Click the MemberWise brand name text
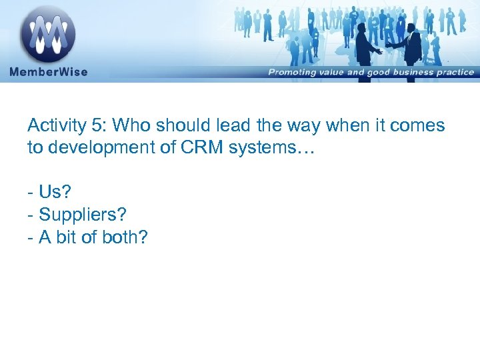[x=48, y=71]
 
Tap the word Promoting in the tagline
[x=294, y=72]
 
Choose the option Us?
[x=53, y=193]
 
